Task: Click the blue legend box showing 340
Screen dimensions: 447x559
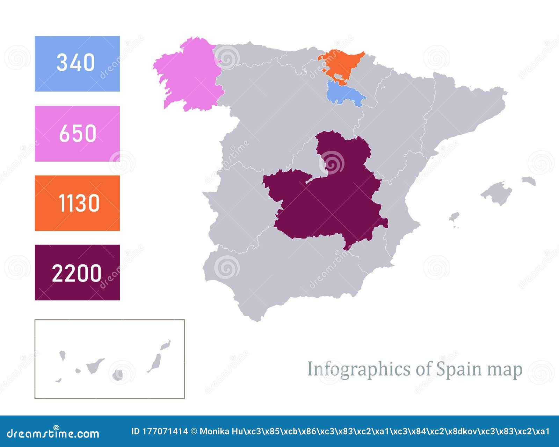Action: [x=77, y=63]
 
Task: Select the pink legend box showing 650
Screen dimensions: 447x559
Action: [x=77, y=134]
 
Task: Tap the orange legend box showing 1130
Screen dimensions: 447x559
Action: [x=77, y=203]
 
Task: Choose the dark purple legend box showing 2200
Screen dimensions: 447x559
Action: [x=77, y=272]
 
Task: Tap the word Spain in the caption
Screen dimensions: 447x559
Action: [x=455, y=369]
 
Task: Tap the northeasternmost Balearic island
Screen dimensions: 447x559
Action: [x=529, y=181]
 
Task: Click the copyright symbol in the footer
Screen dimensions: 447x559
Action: [x=194, y=432]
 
